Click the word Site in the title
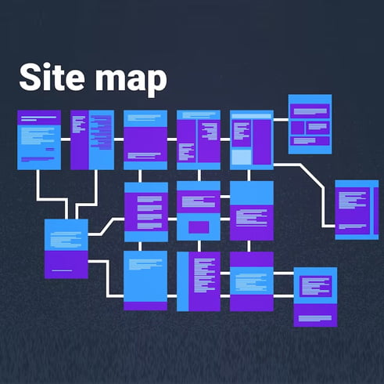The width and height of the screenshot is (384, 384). pos(52,77)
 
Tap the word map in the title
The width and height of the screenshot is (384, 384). pos(131,81)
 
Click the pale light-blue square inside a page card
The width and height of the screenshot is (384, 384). pos(242,157)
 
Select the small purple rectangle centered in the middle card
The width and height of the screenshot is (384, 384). pos(199,227)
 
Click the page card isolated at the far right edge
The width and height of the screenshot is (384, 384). pos(357,209)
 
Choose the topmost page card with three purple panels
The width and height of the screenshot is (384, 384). pos(310,124)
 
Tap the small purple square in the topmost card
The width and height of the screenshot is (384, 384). pos(297,128)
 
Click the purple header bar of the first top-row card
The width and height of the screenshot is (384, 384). pos(39,118)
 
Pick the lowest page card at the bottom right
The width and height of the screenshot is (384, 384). pos(315,297)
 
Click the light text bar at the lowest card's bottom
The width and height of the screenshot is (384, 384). pos(315,318)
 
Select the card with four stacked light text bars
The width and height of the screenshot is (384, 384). pos(146,212)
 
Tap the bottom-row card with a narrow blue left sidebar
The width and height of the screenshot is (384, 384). pos(199,281)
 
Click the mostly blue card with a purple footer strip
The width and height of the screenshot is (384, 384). pos(145,281)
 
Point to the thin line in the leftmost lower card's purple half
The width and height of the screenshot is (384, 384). pos(62,270)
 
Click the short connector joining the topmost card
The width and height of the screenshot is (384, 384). pos(281,120)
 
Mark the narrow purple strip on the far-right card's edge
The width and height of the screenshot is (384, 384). pos(376,211)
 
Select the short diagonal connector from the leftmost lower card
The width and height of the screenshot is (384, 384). pos(107,226)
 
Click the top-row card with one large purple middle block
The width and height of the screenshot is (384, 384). pos(145,139)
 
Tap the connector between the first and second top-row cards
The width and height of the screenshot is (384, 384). pos(66,139)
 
